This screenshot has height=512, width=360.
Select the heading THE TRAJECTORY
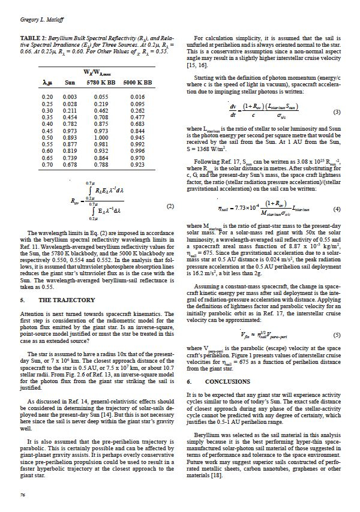pyautogui.click(x=67, y=300)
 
